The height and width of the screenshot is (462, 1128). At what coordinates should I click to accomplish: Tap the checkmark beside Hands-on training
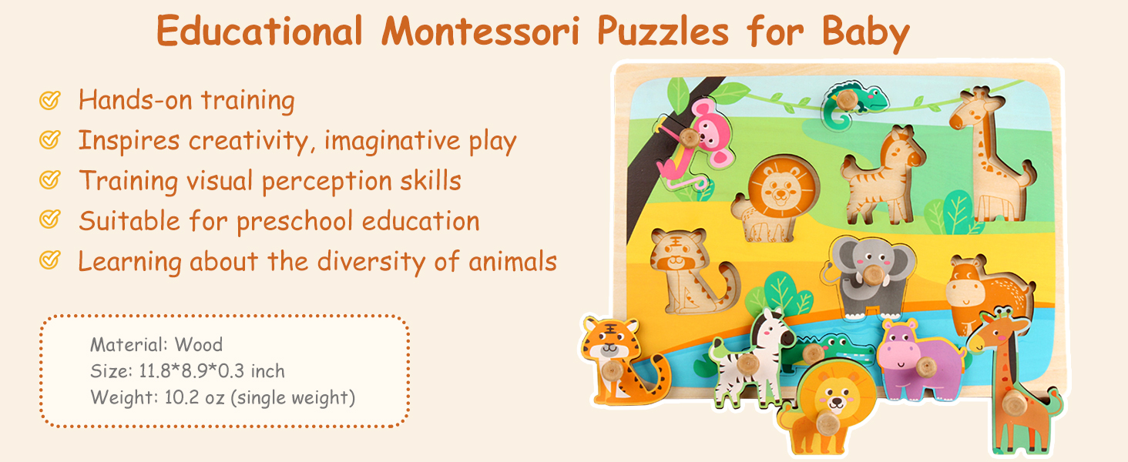coord(50,100)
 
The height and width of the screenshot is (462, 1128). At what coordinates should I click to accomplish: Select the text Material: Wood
coord(156,344)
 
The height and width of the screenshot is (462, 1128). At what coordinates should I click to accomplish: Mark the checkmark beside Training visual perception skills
coord(50,180)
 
